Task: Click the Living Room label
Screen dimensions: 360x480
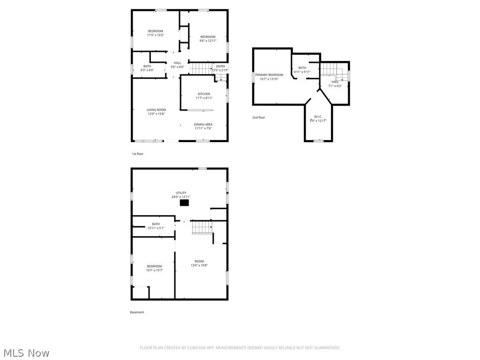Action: pos(156,110)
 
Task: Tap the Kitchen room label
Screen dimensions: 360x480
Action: pos(203,94)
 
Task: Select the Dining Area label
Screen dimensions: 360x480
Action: pos(203,124)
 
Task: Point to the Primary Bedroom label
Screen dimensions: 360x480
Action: pos(269,75)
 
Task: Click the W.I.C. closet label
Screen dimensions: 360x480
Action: pos(318,116)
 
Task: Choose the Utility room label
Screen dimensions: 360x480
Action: pos(181,193)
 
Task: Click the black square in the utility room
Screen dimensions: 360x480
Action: pos(185,203)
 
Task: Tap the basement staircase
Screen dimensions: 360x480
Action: pos(202,227)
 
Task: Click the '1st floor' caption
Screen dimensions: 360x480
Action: pos(137,154)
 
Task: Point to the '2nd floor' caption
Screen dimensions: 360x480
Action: pos(258,118)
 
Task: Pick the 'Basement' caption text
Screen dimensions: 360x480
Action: pos(137,312)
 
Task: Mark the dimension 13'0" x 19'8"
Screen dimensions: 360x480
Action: pos(199,265)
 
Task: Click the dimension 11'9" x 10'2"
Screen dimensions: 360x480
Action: pos(155,35)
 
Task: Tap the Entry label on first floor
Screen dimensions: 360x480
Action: pos(220,67)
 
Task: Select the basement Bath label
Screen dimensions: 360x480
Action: pos(156,224)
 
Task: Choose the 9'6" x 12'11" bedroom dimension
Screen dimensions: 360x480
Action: pos(208,41)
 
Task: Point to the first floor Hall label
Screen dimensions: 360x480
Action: pos(177,63)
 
